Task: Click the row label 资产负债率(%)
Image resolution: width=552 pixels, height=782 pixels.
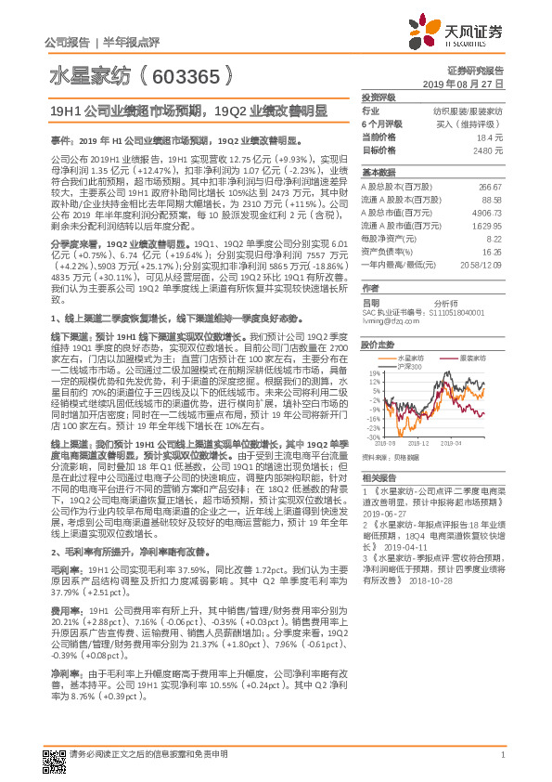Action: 387,251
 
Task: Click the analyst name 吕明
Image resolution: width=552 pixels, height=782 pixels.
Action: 371,302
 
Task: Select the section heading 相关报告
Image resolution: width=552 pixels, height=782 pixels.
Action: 378,475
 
